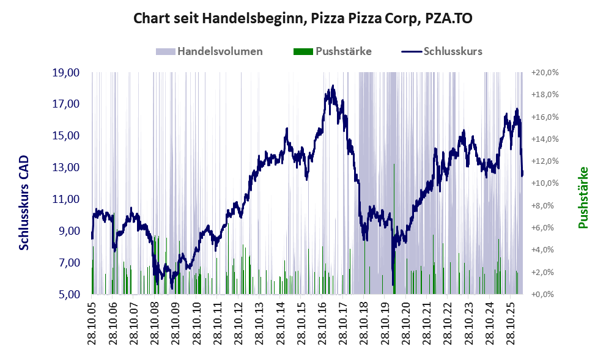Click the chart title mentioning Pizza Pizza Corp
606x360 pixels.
[x=303, y=18]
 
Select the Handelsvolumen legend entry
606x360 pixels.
[x=209, y=51]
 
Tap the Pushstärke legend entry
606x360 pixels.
[x=333, y=51]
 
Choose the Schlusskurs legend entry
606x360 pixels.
[x=442, y=51]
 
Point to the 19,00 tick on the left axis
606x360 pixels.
[x=65, y=73]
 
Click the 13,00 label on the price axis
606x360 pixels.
[x=65, y=167]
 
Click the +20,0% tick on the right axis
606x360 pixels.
[x=545, y=73]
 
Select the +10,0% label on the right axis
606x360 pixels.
[x=545, y=183]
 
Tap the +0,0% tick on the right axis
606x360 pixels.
[x=542, y=295]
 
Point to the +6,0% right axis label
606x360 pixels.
[x=542, y=227]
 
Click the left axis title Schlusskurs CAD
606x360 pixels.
[x=24, y=203]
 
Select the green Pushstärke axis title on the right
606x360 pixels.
[x=583, y=197]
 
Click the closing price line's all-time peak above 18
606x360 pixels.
[x=333, y=86]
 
